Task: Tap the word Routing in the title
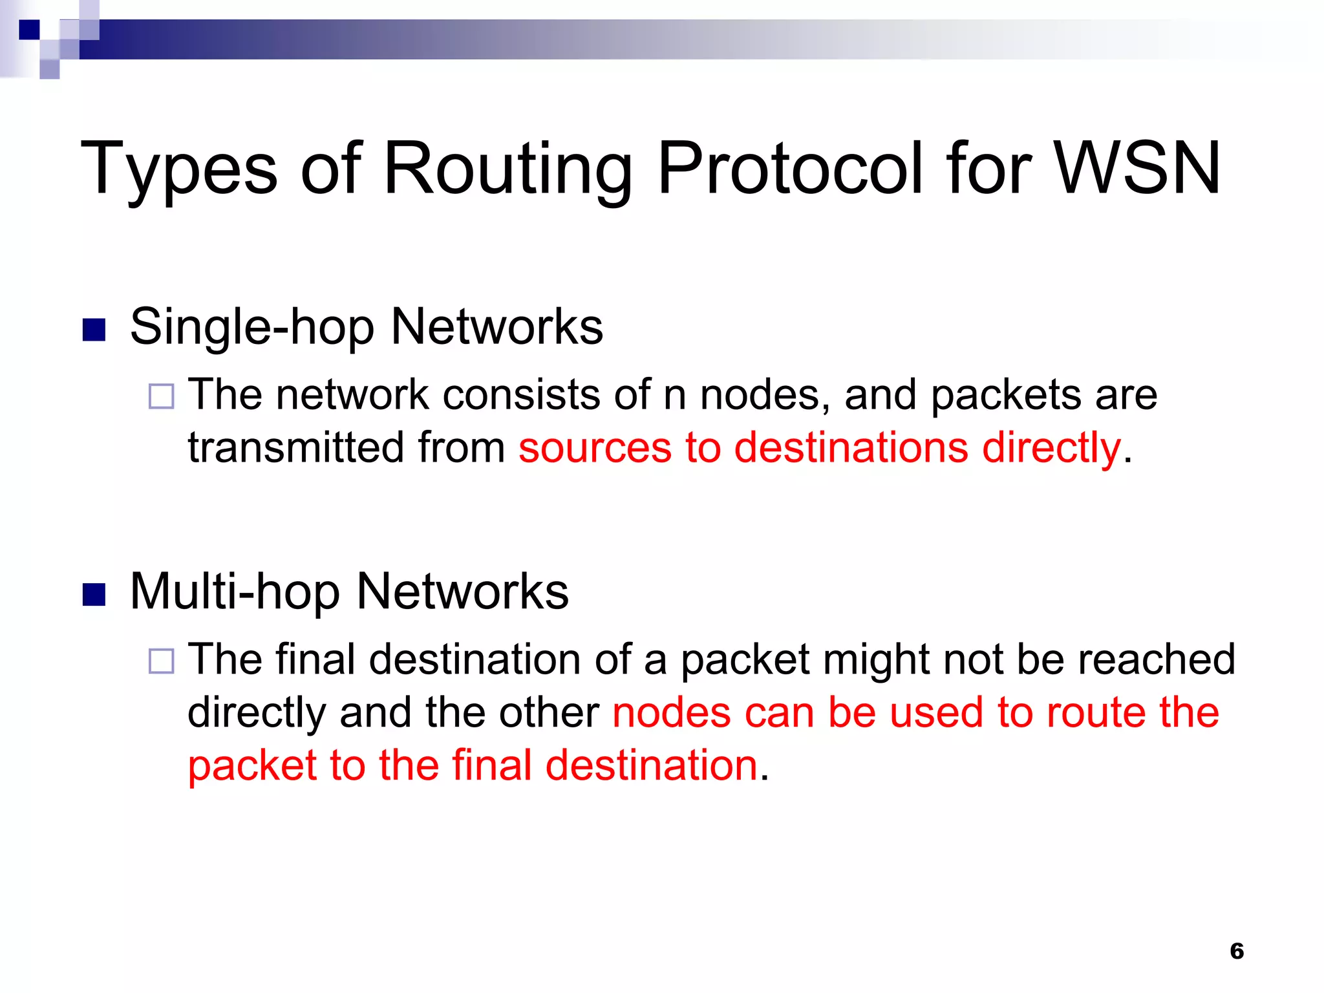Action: point(508,169)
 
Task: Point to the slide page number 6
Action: point(1237,951)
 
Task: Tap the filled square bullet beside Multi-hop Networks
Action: point(94,595)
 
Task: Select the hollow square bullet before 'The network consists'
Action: point(161,396)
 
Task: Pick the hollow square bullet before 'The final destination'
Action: point(161,661)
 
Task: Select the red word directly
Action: point(1052,449)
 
